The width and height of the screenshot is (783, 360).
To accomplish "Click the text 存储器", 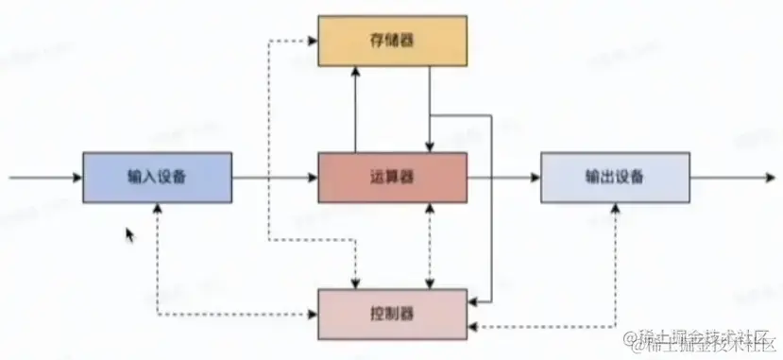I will pos(391,41).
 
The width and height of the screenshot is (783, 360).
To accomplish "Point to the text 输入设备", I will pos(157,177).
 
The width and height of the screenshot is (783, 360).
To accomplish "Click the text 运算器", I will pos(391,177).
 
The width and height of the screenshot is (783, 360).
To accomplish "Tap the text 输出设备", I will pos(615,177).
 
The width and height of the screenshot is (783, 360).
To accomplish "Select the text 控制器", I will pos(392,312).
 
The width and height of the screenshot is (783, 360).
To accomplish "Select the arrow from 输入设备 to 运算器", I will pos(274,177).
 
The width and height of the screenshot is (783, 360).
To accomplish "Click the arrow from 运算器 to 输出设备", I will pos(503,177).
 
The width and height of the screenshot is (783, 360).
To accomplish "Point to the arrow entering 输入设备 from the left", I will pos(43,177).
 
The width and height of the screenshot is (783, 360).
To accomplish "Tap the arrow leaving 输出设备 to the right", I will pos(727,177).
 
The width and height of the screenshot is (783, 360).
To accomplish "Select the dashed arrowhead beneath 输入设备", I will pos(157,210).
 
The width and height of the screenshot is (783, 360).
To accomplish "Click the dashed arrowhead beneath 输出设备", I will pos(615,210).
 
